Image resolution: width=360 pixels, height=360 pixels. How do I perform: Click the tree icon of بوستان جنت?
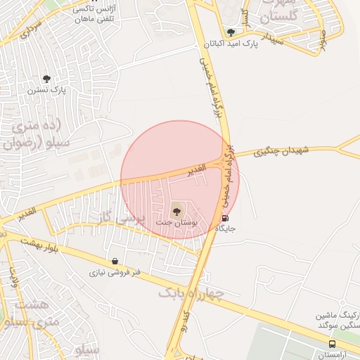point(176,211)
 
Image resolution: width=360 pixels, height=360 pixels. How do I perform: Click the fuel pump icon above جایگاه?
point(224,218)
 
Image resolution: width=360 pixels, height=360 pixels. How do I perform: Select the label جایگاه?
point(224,229)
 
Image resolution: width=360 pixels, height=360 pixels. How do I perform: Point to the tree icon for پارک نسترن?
point(46,79)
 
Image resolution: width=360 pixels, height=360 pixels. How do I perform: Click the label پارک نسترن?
point(46,90)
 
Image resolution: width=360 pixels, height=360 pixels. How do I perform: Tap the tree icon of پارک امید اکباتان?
point(231,32)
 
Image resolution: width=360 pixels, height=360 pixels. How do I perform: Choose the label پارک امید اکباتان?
point(231,43)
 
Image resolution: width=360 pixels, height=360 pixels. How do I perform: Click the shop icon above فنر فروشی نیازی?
point(115,261)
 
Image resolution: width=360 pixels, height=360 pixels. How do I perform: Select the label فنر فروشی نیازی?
point(115,271)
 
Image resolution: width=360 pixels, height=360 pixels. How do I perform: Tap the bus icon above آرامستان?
point(332,344)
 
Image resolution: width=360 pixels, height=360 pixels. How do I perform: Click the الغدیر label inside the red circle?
point(195,169)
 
